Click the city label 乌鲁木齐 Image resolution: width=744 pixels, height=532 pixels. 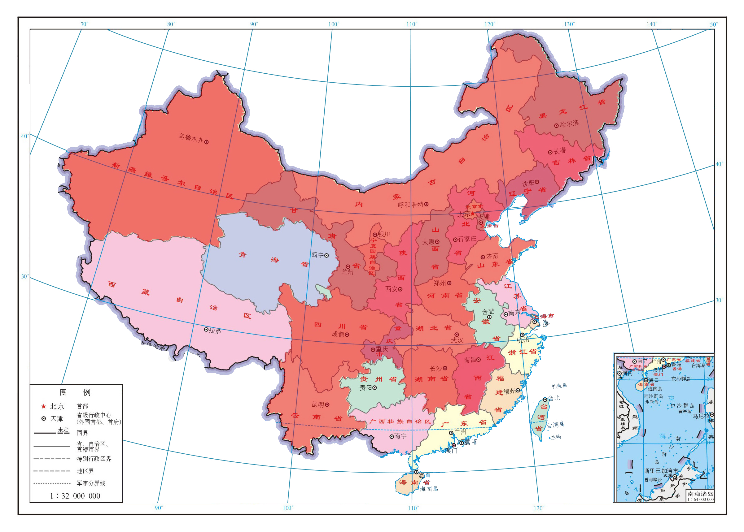point(190,138)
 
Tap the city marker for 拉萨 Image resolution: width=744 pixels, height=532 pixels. point(206,330)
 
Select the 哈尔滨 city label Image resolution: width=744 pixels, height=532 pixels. point(569,124)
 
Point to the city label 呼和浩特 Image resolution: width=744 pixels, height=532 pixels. point(410,205)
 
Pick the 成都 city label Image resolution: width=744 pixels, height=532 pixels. point(338,334)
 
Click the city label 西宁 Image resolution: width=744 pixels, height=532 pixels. point(317,255)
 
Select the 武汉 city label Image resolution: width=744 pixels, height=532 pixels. point(457,340)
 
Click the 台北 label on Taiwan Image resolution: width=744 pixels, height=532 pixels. point(554,398)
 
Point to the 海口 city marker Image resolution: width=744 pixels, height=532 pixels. point(416,472)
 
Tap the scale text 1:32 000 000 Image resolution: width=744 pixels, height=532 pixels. point(75,496)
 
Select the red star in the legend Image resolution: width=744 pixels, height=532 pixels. point(43,406)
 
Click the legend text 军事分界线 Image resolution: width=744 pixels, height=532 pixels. point(91,483)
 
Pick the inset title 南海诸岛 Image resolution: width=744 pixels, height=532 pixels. point(700,494)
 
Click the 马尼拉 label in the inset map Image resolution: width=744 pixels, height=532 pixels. point(701,416)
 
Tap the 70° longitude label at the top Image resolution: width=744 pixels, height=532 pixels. point(84,24)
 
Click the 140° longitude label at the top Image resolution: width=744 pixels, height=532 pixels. point(652,24)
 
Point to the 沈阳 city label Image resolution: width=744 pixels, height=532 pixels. point(528,183)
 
